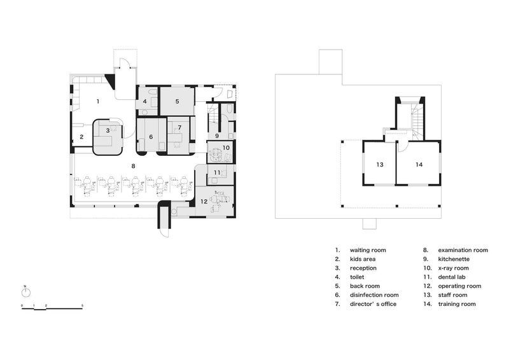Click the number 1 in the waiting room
click(x=97, y=101)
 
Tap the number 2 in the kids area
click(x=81, y=136)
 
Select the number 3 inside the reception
click(x=108, y=130)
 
